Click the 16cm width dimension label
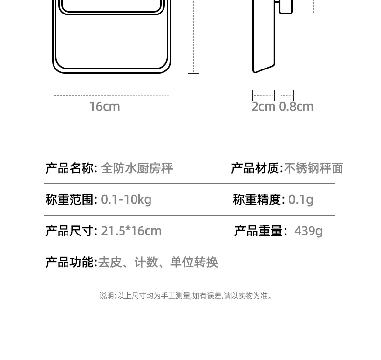(104, 106)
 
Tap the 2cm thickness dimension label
(263, 106)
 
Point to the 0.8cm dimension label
(296, 106)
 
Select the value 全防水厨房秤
(136, 168)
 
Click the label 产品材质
(256, 168)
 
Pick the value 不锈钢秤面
(313, 168)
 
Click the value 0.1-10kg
(126, 199)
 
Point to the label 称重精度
(258, 199)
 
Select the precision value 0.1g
(301, 199)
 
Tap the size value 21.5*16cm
(131, 231)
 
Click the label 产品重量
(259, 231)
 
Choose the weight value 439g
(308, 231)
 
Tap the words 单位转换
(194, 262)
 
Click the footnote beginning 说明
(186, 296)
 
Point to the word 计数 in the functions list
(146, 262)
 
